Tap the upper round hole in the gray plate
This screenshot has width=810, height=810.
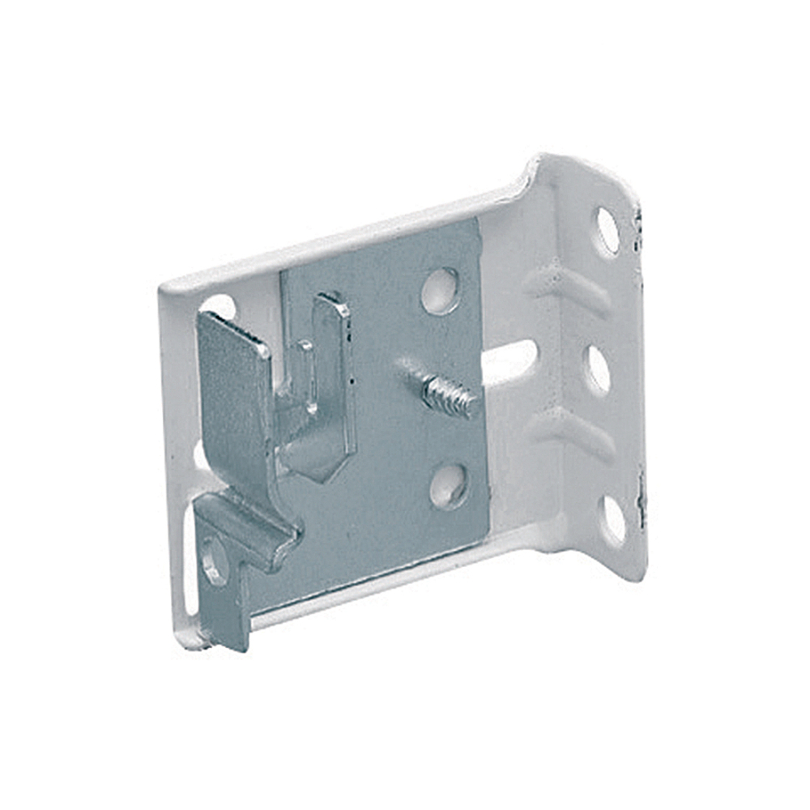click(441, 290)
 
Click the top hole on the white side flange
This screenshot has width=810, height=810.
click(607, 230)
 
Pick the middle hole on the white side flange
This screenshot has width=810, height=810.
click(599, 370)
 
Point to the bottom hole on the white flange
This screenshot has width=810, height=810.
click(613, 519)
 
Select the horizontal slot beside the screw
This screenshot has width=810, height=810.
click(509, 360)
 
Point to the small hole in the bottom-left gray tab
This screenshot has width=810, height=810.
click(214, 561)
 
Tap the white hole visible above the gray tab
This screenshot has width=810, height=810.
click(220, 307)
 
